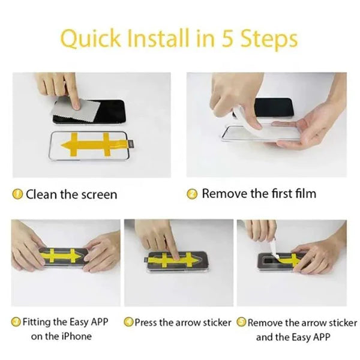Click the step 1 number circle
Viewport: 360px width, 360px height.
point(18,194)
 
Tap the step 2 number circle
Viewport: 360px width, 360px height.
point(193,194)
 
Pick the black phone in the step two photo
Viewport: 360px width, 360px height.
point(273,107)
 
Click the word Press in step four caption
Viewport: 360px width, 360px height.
point(146,322)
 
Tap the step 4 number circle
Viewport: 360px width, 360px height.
point(128,322)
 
